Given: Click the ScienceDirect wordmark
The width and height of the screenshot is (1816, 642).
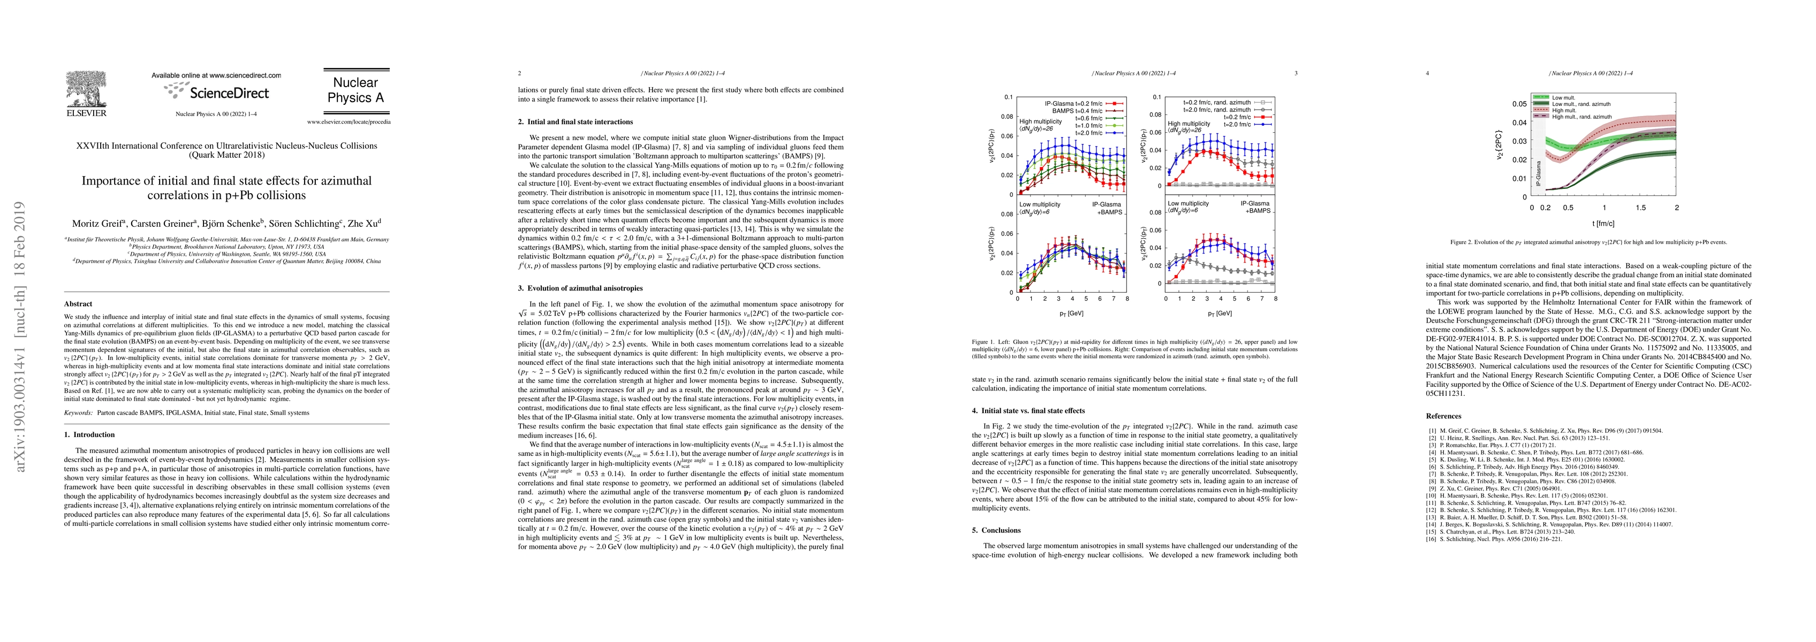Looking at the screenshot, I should click(x=227, y=93).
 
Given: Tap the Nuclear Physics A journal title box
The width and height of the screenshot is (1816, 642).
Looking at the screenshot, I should click(x=355, y=90).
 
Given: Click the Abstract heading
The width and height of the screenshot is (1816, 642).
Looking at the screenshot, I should click(x=78, y=304).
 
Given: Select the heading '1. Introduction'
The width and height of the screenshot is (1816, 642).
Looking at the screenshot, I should click(x=89, y=435).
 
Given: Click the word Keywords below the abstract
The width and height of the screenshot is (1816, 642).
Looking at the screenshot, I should click(x=78, y=413).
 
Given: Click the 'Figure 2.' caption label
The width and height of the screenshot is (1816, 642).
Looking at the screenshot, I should click(x=1464, y=242).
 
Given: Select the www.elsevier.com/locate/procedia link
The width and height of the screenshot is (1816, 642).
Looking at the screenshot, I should click(x=348, y=122).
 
